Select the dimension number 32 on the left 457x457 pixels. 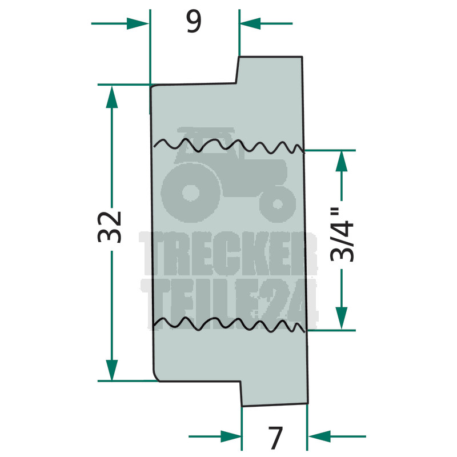point(109,227)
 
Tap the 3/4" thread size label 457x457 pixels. point(342,234)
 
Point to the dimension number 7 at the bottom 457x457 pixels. point(275,438)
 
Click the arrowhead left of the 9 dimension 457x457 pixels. point(138,23)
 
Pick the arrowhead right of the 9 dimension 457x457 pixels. point(250,23)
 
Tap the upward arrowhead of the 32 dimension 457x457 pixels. point(111,97)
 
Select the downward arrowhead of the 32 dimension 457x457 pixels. point(111,370)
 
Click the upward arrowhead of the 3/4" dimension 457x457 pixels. point(342,161)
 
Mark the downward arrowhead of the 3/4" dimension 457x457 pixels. point(342,319)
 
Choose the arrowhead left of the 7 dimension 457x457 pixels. point(231,436)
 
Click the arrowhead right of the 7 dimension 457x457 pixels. point(319,436)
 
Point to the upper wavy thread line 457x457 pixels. point(229,145)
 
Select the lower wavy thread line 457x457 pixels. point(229,324)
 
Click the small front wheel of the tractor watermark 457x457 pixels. point(277,203)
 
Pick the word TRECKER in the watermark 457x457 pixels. point(228,254)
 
